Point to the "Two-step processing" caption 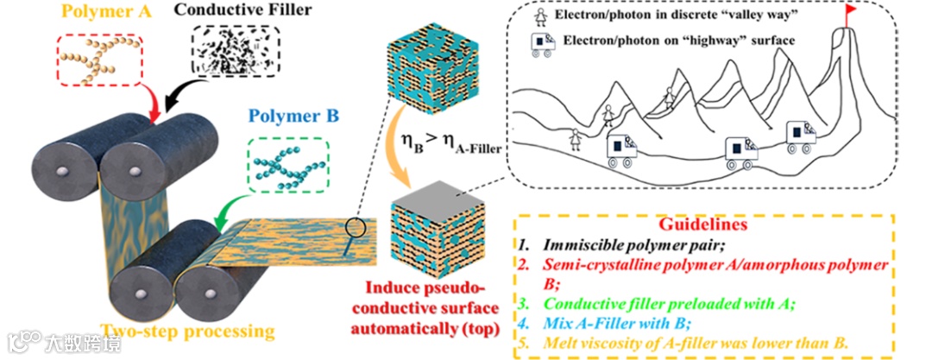187,329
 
